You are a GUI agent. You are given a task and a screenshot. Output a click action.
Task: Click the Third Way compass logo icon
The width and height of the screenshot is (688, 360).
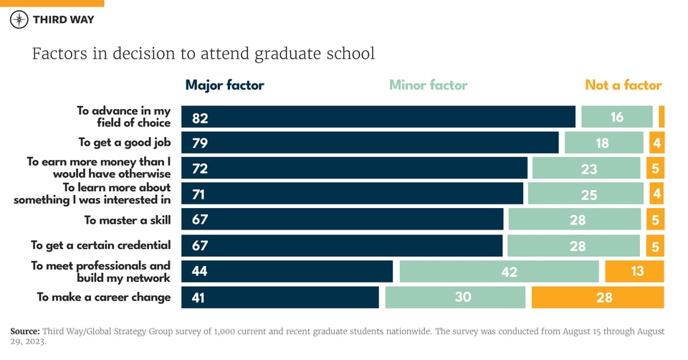tap(19, 19)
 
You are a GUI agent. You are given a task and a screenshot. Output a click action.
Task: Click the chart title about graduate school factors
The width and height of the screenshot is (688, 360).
tap(203, 54)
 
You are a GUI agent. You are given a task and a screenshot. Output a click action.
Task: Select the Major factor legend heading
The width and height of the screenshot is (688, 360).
tap(224, 85)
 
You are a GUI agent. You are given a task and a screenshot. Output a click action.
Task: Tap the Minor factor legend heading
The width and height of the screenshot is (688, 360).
tap(428, 85)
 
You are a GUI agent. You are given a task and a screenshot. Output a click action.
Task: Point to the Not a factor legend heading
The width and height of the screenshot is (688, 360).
tap(623, 85)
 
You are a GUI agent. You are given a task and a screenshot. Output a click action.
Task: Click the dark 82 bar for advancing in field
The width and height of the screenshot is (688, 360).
tap(378, 117)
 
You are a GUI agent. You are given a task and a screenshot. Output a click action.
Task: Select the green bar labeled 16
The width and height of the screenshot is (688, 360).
tap(616, 117)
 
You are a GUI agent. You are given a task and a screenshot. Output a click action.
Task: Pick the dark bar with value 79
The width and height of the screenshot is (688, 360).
tap(370, 143)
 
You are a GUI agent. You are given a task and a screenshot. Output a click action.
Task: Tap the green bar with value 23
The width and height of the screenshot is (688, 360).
tap(586, 169)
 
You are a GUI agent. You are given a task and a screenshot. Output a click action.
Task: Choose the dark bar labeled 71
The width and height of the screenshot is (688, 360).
tap(352, 194)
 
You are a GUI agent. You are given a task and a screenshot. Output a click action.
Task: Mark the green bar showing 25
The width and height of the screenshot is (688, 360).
tap(586, 194)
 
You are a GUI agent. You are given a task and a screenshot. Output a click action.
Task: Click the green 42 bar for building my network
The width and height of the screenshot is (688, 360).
tap(499, 272)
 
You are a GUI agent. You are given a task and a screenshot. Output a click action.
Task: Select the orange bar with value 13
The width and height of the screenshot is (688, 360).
tap(634, 271)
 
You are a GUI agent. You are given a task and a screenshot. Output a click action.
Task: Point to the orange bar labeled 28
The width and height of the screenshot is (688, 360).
tap(598, 297)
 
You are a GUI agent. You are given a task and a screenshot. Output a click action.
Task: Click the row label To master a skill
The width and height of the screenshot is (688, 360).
tap(128, 220)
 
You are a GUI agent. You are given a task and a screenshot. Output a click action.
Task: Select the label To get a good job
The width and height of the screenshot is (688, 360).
tap(124, 143)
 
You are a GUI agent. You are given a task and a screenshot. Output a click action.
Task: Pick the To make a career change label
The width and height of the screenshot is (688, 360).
tap(104, 297)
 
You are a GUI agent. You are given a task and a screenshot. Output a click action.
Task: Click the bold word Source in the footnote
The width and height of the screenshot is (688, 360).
tap(26, 331)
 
